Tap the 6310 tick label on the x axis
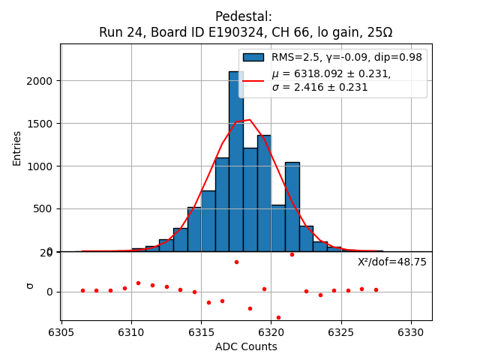click(131, 331)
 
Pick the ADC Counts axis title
click(246, 346)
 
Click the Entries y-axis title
click(17, 148)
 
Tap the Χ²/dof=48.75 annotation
click(391, 262)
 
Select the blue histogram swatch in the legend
click(253, 58)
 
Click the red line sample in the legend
click(253, 80)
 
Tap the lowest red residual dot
click(278, 317)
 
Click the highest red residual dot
click(292, 254)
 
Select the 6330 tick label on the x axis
click(411, 331)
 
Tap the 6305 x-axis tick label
click(61, 331)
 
